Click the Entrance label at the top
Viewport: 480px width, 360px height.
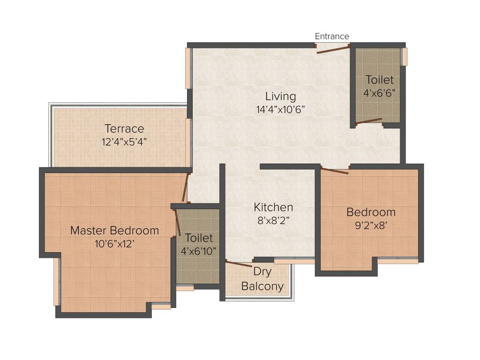[x=332, y=37]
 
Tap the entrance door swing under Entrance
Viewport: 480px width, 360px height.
[x=333, y=49]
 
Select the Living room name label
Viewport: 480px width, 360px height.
[x=281, y=97]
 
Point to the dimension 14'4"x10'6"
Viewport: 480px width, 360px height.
[x=281, y=110]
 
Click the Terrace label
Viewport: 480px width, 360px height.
[x=124, y=128]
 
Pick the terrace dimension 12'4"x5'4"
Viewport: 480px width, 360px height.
[x=124, y=141]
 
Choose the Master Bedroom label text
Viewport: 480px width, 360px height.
[x=114, y=231]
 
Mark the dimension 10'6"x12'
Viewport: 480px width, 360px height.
[x=114, y=243]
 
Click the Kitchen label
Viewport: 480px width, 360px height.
[x=273, y=207]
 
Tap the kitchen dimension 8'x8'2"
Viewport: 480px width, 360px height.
[x=273, y=220]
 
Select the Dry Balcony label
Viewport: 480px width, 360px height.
[x=262, y=279]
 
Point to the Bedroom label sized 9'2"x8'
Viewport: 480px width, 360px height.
[x=371, y=212]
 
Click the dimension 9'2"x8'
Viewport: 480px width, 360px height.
[x=371, y=225]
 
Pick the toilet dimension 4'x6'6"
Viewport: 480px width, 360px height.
[x=380, y=93]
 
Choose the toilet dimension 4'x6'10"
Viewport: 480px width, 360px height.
[x=199, y=251]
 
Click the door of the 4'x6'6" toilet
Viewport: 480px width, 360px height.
[x=368, y=122]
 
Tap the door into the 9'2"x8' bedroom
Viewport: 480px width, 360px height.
[x=335, y=170]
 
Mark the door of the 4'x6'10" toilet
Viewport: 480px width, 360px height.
[x=177, y=223]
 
